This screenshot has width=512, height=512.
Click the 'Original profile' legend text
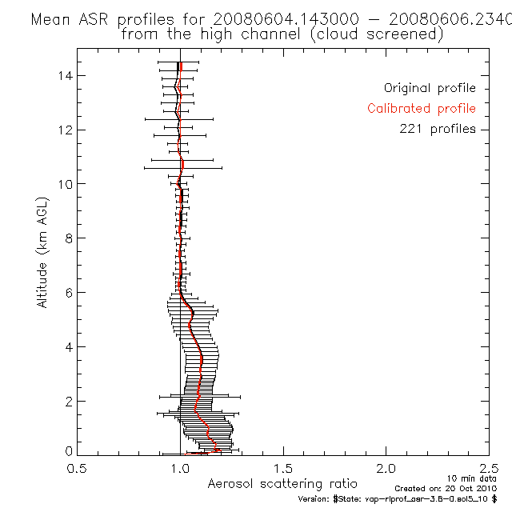click(430, 88)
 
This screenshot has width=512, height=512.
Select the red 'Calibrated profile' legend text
click(422, 109)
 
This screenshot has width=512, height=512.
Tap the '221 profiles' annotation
click(438, 129)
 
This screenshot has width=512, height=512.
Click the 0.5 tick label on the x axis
click(77, 469)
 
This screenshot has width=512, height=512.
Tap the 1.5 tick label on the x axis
click(283, 469)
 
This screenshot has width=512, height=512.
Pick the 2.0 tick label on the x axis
click(386, 469)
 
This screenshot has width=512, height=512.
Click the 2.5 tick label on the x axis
click(489, 469)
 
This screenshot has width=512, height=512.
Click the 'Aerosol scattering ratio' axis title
click(282, 484)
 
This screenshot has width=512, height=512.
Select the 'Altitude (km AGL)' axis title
click(42, 252)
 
